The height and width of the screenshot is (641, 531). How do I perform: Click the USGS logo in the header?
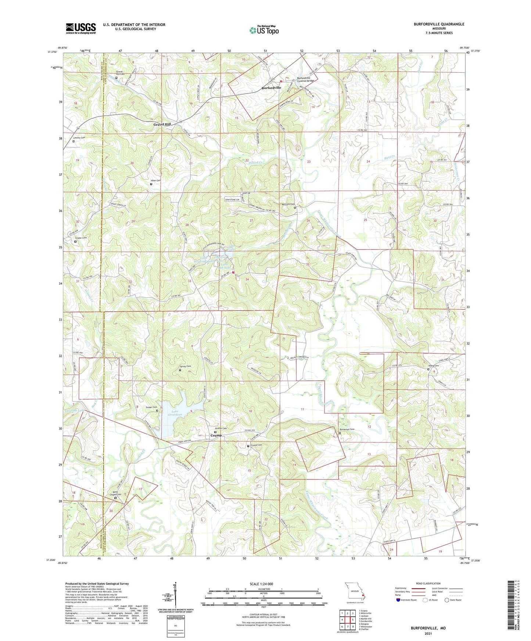coord(81,28)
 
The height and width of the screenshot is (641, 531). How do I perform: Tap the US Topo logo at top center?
coord(263,30)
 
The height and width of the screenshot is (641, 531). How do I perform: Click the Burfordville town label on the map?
coord(271,88)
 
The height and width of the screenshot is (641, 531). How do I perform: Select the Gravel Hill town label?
coord(162,124)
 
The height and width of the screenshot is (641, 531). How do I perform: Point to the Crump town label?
coord(216,435)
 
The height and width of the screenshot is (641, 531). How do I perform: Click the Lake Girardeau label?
coord(175,413)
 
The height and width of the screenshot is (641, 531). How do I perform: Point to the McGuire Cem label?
coord(288,204)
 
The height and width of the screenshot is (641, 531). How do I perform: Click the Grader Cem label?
coord(81,238)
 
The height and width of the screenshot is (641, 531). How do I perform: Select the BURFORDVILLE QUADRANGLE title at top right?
coord(439,24)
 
